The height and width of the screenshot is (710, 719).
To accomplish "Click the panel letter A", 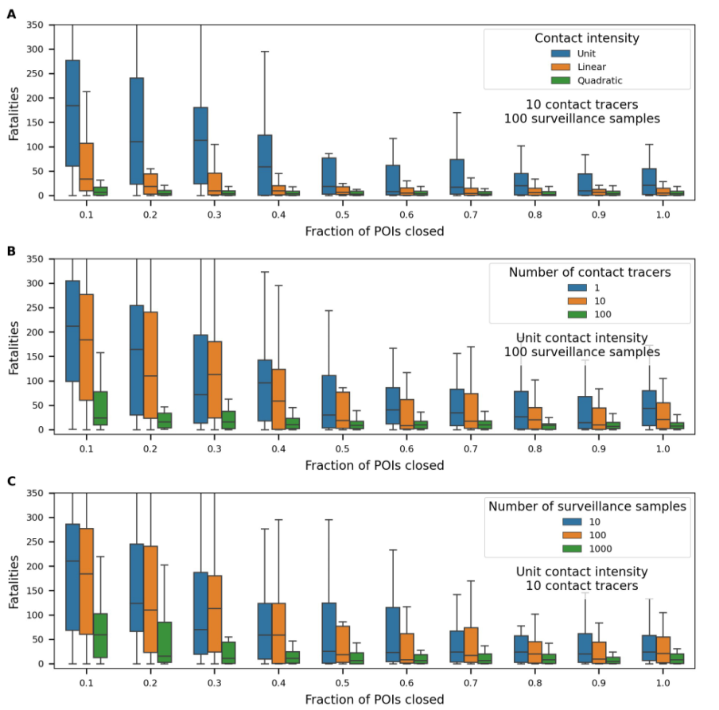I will (x=11, y=14).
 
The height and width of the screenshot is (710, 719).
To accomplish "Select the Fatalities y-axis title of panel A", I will (x=14, y=111).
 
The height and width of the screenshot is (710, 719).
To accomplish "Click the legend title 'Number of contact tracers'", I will (x=589, y=273).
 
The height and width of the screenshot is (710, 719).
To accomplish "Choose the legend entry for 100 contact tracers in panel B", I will (x=589, y=314).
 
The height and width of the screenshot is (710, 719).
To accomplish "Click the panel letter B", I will (x=11, y=250).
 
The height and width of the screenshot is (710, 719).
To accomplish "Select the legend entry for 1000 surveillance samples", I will (x=589, y=549).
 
